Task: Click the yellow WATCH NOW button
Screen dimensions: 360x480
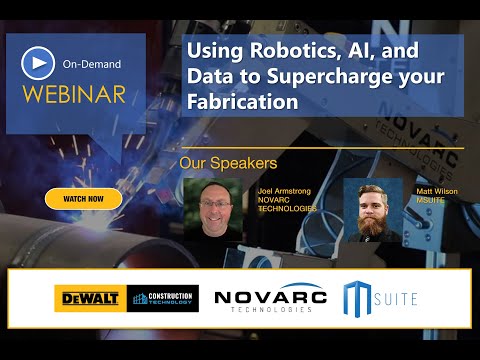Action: tap(83, 199)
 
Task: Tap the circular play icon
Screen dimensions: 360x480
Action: tap(36, 63)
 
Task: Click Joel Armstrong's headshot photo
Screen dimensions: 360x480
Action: tap(214, 209)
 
